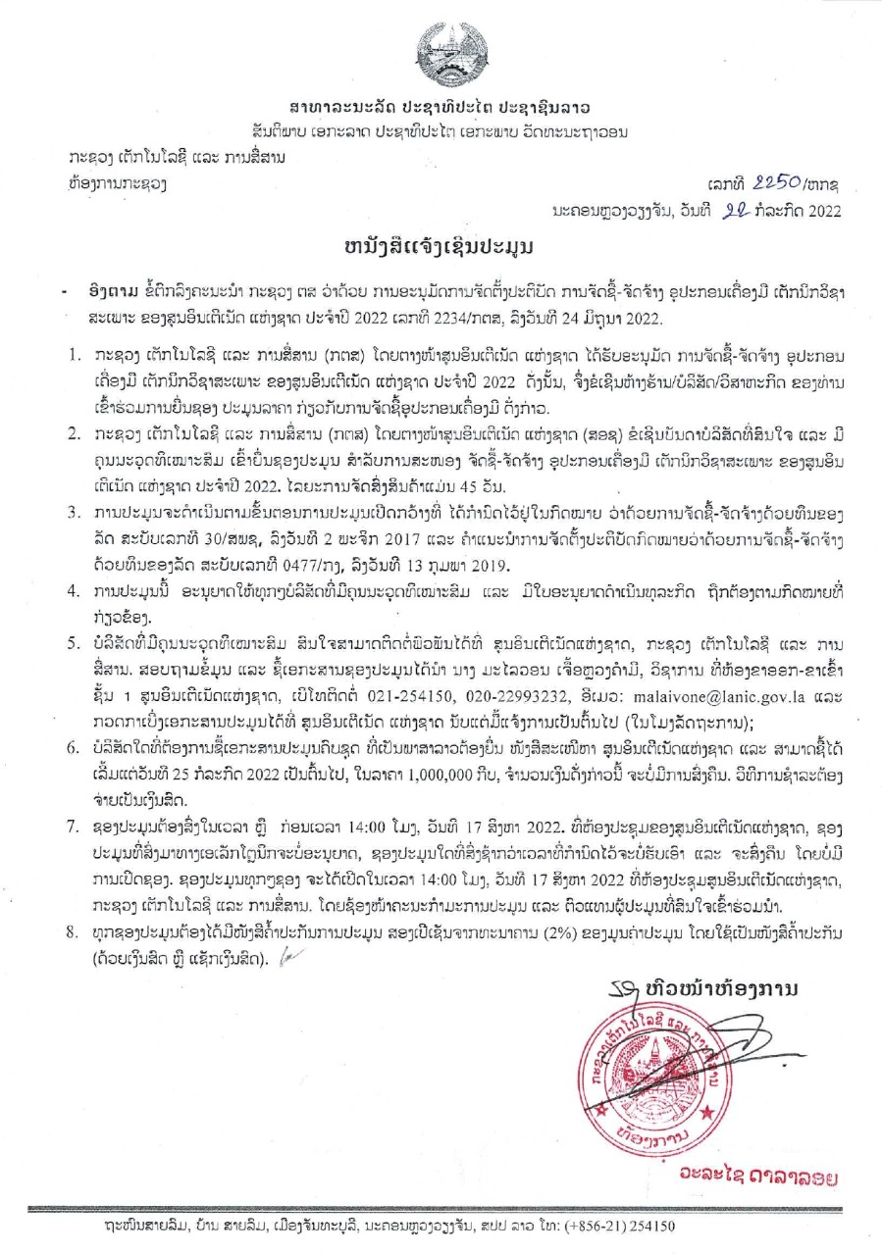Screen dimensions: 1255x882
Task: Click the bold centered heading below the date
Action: click(441, 245)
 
